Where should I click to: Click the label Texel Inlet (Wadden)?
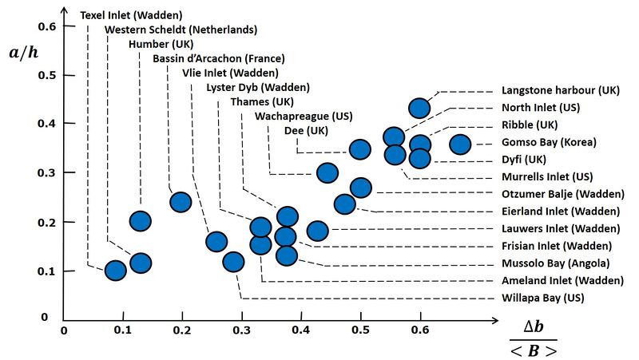[x=131, y=14]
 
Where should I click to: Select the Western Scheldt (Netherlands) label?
[x=181, y=30]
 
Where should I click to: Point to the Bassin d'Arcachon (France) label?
[x=218, y=58]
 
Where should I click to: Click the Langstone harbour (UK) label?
[x=560, y=90]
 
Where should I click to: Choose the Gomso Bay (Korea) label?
[x=549, y=142]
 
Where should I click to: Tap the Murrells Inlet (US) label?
[x=547, y=176]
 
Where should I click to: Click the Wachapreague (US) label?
[x=303, y=117]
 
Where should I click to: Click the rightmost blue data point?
[x=460, y=144]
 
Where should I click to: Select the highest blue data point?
[x=420, y=108]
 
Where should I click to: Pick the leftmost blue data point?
[x=116, y=271]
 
